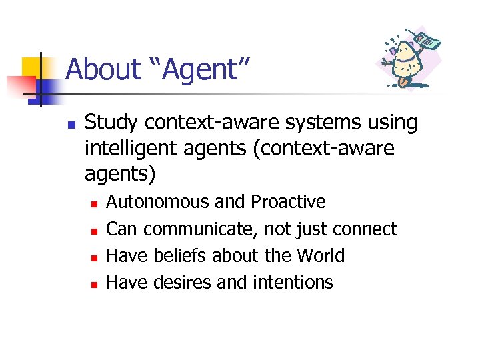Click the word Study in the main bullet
click(111, 123)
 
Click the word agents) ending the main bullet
click(120, 174)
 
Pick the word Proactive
click(288, 201)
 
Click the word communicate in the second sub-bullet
click(201, 229)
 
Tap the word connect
click(364, 229)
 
